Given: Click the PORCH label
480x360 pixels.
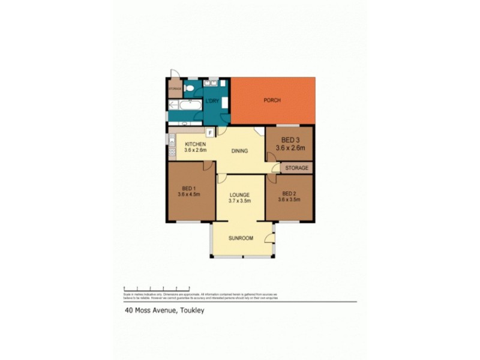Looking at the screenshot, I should [272, 100].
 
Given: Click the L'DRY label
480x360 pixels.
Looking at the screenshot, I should [211, 101].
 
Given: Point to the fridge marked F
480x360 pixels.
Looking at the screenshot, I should [211, 133].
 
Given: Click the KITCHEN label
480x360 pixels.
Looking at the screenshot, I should [196, 145].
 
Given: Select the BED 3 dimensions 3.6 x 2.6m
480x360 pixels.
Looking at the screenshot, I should [290, 148].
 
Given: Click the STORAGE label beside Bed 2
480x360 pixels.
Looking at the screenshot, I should [296, 168].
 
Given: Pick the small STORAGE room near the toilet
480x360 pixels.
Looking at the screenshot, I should [175, 89].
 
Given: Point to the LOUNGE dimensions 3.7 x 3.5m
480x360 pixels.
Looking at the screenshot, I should [238, 202].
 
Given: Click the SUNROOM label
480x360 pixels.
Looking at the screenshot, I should [241, 238].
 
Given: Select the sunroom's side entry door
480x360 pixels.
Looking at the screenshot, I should [271, 242].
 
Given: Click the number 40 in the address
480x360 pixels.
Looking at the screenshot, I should [128, 311].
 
